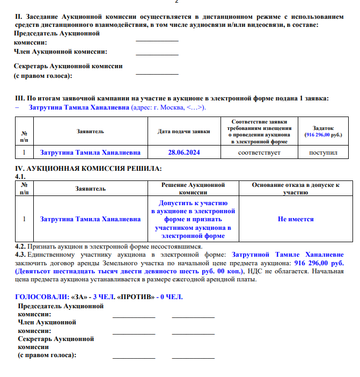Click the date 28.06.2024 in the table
(183, 153)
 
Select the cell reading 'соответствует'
(259, 153)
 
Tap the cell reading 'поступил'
(323, 153)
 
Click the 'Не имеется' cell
(296, 219)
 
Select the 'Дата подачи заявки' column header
(183, 132)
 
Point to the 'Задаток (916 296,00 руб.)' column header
(323, 132)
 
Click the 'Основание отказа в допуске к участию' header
(296, 188)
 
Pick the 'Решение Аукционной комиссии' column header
(193, 188)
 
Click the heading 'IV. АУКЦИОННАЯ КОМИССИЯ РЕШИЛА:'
(89, 169)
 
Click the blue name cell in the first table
(90, 153)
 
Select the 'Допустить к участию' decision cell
(193, 219)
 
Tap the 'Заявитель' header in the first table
(90, 132)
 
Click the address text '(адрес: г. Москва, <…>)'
(168, 107)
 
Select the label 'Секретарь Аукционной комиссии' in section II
(68, 66)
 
